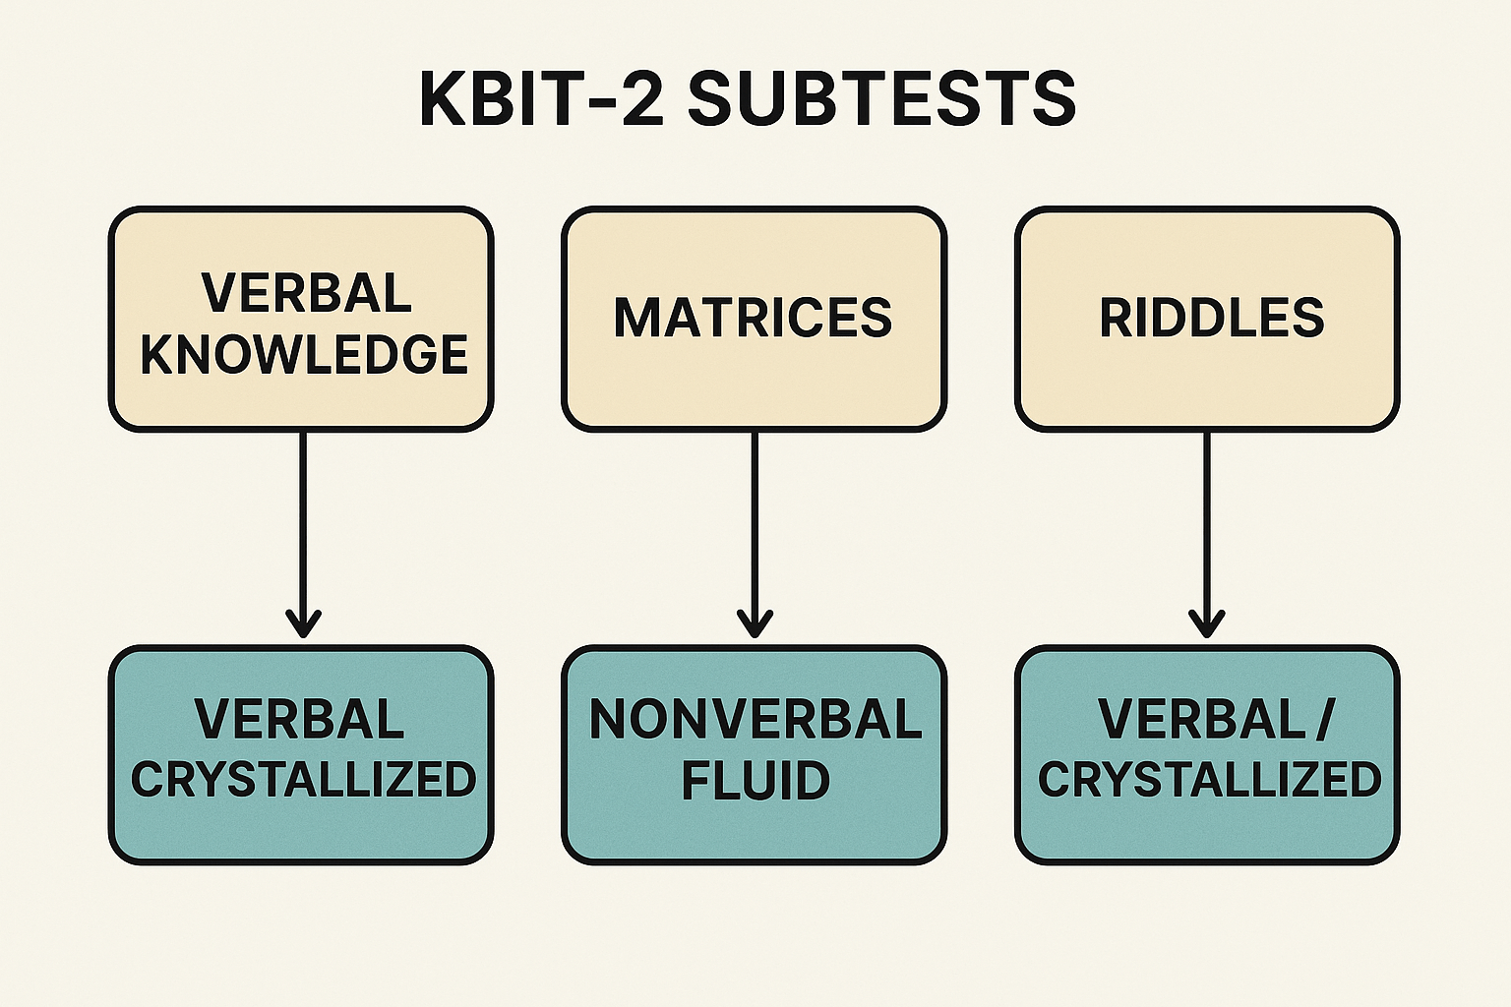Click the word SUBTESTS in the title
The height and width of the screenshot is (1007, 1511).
(880, 98)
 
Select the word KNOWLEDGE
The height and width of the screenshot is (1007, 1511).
(303, 355)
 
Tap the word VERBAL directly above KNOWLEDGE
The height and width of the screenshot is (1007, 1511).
(306, 293)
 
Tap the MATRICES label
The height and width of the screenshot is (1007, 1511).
(753, 318)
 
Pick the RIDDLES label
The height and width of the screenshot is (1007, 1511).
(1211, 318)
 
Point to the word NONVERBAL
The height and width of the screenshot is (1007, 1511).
(755, 719)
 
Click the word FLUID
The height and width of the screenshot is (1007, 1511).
(755, 781)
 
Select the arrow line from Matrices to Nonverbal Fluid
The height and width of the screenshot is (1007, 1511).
(755, 521)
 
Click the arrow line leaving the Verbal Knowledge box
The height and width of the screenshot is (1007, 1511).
(303, 521)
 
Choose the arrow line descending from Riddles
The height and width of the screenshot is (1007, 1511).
(1206, 521)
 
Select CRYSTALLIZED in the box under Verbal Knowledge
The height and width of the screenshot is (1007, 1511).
(303, 781)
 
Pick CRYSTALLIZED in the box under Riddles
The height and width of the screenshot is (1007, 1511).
(1209, 781)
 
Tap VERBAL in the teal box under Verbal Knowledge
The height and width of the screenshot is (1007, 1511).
(300, 719)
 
